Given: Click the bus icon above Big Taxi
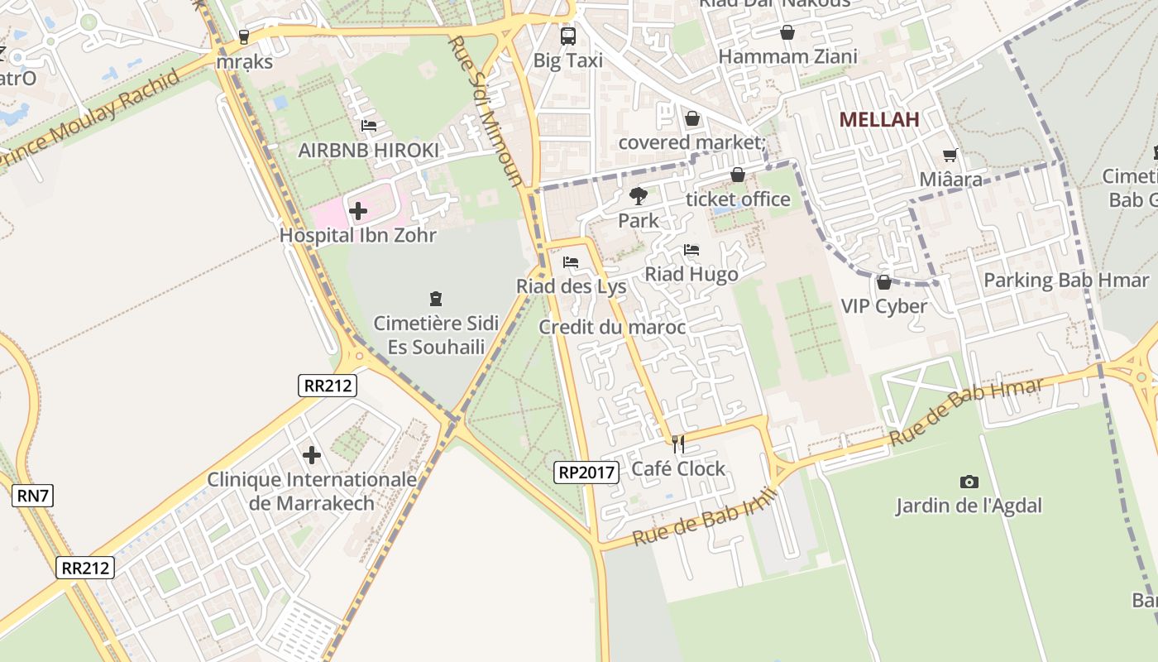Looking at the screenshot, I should pyautogui.click(x=567, y=36).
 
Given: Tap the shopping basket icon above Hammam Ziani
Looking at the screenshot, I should pyautogui.click(x=787, y=32).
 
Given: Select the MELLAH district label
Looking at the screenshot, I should pyautogui.click(x=879, y=119).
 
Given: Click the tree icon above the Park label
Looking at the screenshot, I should pyautogui.click(x=638, y=196).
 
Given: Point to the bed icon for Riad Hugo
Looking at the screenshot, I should pyautogui.click(x=691, y=250).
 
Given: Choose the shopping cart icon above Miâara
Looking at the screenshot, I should pyautogui.click(x=950, y=155).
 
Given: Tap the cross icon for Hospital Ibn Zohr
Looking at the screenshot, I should pyautogui.click(x=357, y=211).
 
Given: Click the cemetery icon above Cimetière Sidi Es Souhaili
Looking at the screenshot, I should pyautogui.click(x=436, y=299).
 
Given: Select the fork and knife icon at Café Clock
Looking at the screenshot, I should pyautogui.click(x=678, y=444).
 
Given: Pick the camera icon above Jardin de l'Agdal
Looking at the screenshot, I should pyautogui.click(x=969, y=482).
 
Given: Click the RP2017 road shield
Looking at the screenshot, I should pyautogui.click(x=586, y=473).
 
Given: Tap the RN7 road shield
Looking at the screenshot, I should pyautogui.click(x=33, y=496).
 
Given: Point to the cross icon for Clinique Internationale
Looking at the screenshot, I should pyautogui.click(x=312, y=455).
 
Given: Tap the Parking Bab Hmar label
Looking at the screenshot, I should pyautogui.click(x=1065, y=281).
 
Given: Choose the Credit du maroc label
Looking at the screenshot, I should pyautogui.click(x=612, y=328).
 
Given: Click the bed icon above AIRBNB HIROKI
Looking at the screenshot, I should pyautogui.click(x=369, y=126).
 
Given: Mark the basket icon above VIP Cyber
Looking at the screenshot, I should pyautogui.click(x=883, y=282).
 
